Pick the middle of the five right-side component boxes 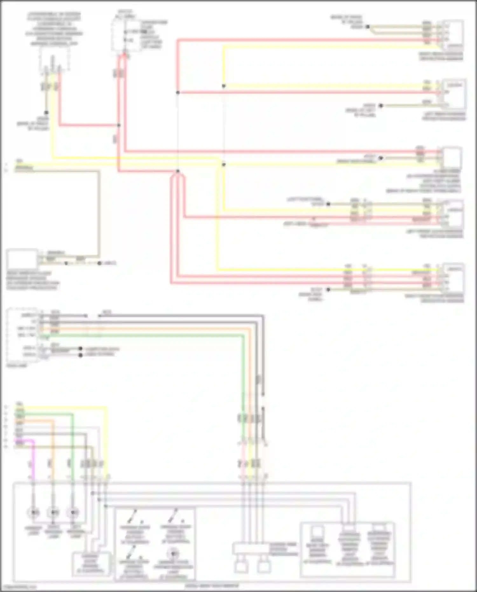click(452, 157)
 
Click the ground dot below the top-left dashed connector click(46, 113)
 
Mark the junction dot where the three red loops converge click(178, 171)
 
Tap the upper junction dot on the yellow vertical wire click(224, 86)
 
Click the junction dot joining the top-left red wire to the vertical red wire click(119, 125)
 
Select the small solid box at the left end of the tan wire click(22, 259)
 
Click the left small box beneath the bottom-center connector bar click(241, 567)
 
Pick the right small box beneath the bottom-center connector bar click(264, 567)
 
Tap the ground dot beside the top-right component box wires click(367, 27)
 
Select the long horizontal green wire click(143, 336)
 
